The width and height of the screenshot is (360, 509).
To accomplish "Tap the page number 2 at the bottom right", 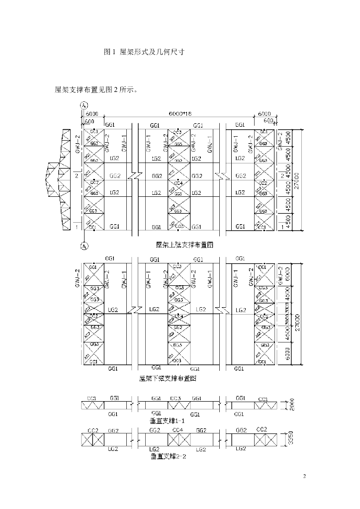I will (x=304, y=477).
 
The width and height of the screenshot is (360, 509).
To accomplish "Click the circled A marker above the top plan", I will (x=84, y=105).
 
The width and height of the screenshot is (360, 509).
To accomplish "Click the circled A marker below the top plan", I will (x=84, y=245).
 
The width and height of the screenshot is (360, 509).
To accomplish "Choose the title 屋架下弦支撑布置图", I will (x=169, y=378).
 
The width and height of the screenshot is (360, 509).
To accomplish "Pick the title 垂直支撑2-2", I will (x=169, y=455).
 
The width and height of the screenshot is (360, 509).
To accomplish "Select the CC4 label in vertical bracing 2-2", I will (x=178, y=430).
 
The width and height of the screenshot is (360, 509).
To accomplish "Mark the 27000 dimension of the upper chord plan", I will (x=297, y=179).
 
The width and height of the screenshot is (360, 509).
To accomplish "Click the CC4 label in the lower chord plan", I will (x=179, y=316).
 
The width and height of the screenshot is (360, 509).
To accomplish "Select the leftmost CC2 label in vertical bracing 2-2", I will (x=92, y=430).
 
